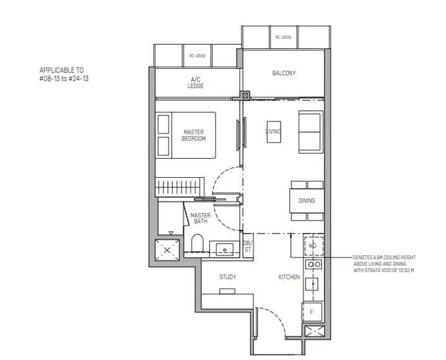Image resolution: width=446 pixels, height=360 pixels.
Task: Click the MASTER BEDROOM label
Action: [194, 135]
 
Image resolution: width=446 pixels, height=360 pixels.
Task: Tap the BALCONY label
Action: [284, 73]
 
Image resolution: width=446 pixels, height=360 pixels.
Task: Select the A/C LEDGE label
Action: [196, 83]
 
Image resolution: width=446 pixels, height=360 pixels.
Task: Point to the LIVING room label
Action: [273, 131]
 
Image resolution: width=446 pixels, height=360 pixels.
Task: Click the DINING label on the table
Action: [307, 201]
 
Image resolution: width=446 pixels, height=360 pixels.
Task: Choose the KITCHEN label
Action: [289, 277]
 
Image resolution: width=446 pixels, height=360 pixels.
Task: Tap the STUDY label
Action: [227, 277]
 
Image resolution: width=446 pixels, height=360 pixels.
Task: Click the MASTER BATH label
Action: [201, 218]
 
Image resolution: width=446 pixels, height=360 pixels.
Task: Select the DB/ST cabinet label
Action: [247, 246]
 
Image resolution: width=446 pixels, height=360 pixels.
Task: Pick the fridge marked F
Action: [312, 312]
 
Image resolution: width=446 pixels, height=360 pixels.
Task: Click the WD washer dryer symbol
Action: [313, 245]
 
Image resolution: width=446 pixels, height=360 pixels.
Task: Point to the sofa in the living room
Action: [310, 131]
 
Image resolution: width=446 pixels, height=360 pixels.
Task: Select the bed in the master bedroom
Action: [186, 135]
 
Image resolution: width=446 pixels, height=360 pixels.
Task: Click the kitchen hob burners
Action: [313, 264]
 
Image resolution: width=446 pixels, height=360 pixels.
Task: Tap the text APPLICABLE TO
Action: [61, 71]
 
